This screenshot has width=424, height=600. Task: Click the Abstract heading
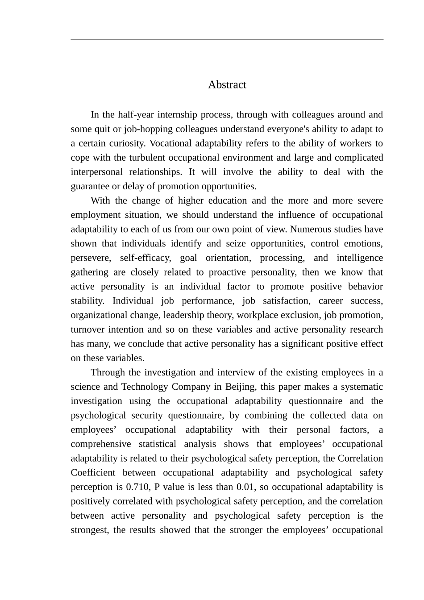(x=227, y=85)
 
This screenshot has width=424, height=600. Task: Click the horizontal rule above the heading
(x=227, y=39)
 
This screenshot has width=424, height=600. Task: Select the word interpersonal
(x=97, y=172)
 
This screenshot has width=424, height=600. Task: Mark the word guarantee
(x=91, y=187)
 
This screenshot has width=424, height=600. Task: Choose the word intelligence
(x=360, y=258)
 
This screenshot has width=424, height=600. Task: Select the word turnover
(x=87, y=329)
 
